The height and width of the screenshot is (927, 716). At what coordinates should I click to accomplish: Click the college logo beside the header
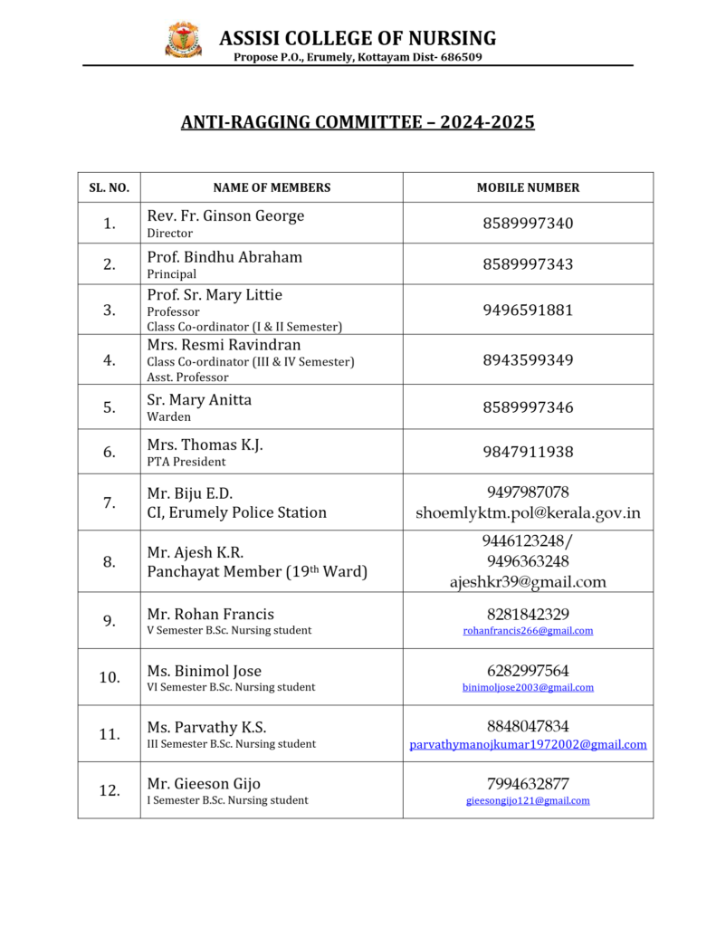[184, 40]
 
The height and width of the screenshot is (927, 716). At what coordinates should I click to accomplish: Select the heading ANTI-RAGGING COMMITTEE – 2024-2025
[358, 121]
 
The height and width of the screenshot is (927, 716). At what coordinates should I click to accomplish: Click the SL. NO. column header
[109, 188]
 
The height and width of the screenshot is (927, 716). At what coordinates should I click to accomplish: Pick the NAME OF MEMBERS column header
[272, 188]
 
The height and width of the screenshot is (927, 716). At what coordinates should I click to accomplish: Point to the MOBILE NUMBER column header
[528, 188]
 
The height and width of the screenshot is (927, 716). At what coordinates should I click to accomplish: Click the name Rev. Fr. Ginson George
[225, 215]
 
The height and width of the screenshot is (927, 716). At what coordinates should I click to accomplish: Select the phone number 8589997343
[528, 264]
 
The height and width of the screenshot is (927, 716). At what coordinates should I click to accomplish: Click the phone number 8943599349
[528, 360]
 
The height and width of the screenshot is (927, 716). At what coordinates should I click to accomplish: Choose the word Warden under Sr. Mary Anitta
[168, 417]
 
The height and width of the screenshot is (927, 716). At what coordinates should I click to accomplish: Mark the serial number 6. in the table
[109, 452]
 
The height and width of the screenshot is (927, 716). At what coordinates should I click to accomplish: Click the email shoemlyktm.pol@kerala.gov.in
[528, 512]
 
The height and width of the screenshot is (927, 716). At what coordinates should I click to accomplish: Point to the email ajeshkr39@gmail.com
[528, 582]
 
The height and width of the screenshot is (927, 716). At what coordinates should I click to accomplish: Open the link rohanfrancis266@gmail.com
[528, 631]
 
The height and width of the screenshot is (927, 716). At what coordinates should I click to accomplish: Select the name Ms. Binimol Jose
[204, 671]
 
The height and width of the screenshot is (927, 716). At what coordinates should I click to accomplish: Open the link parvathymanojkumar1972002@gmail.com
[528, 745]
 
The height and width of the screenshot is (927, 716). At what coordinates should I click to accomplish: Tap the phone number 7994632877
[528, 784]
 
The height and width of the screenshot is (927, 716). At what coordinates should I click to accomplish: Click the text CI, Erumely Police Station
[236, 512]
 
